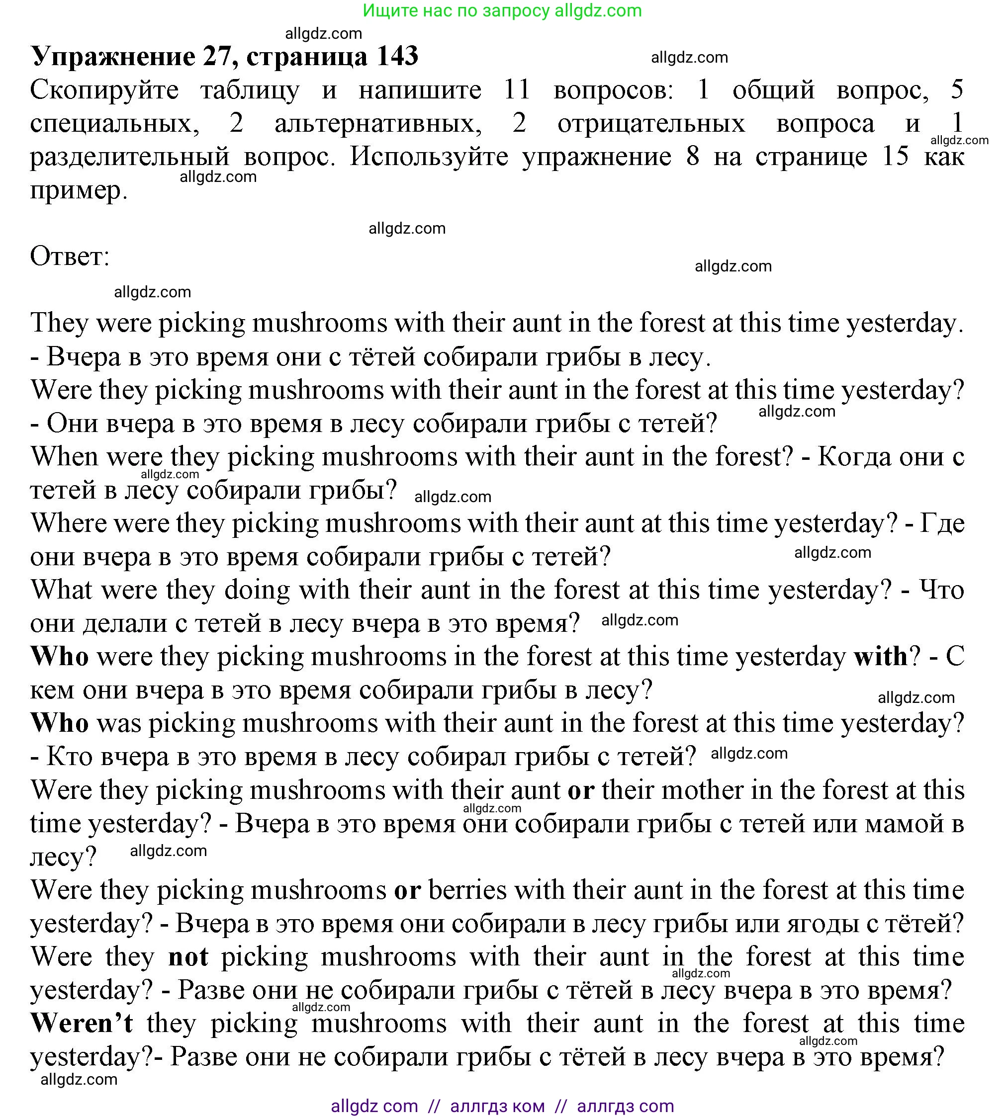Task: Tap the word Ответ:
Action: coord(70,257)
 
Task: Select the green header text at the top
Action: coord(502,10)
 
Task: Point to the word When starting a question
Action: coord(64,456)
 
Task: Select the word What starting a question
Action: coord(61,590)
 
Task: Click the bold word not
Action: coord(188,956)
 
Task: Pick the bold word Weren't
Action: coord(82,1023)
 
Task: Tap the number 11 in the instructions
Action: coord(517,89)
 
